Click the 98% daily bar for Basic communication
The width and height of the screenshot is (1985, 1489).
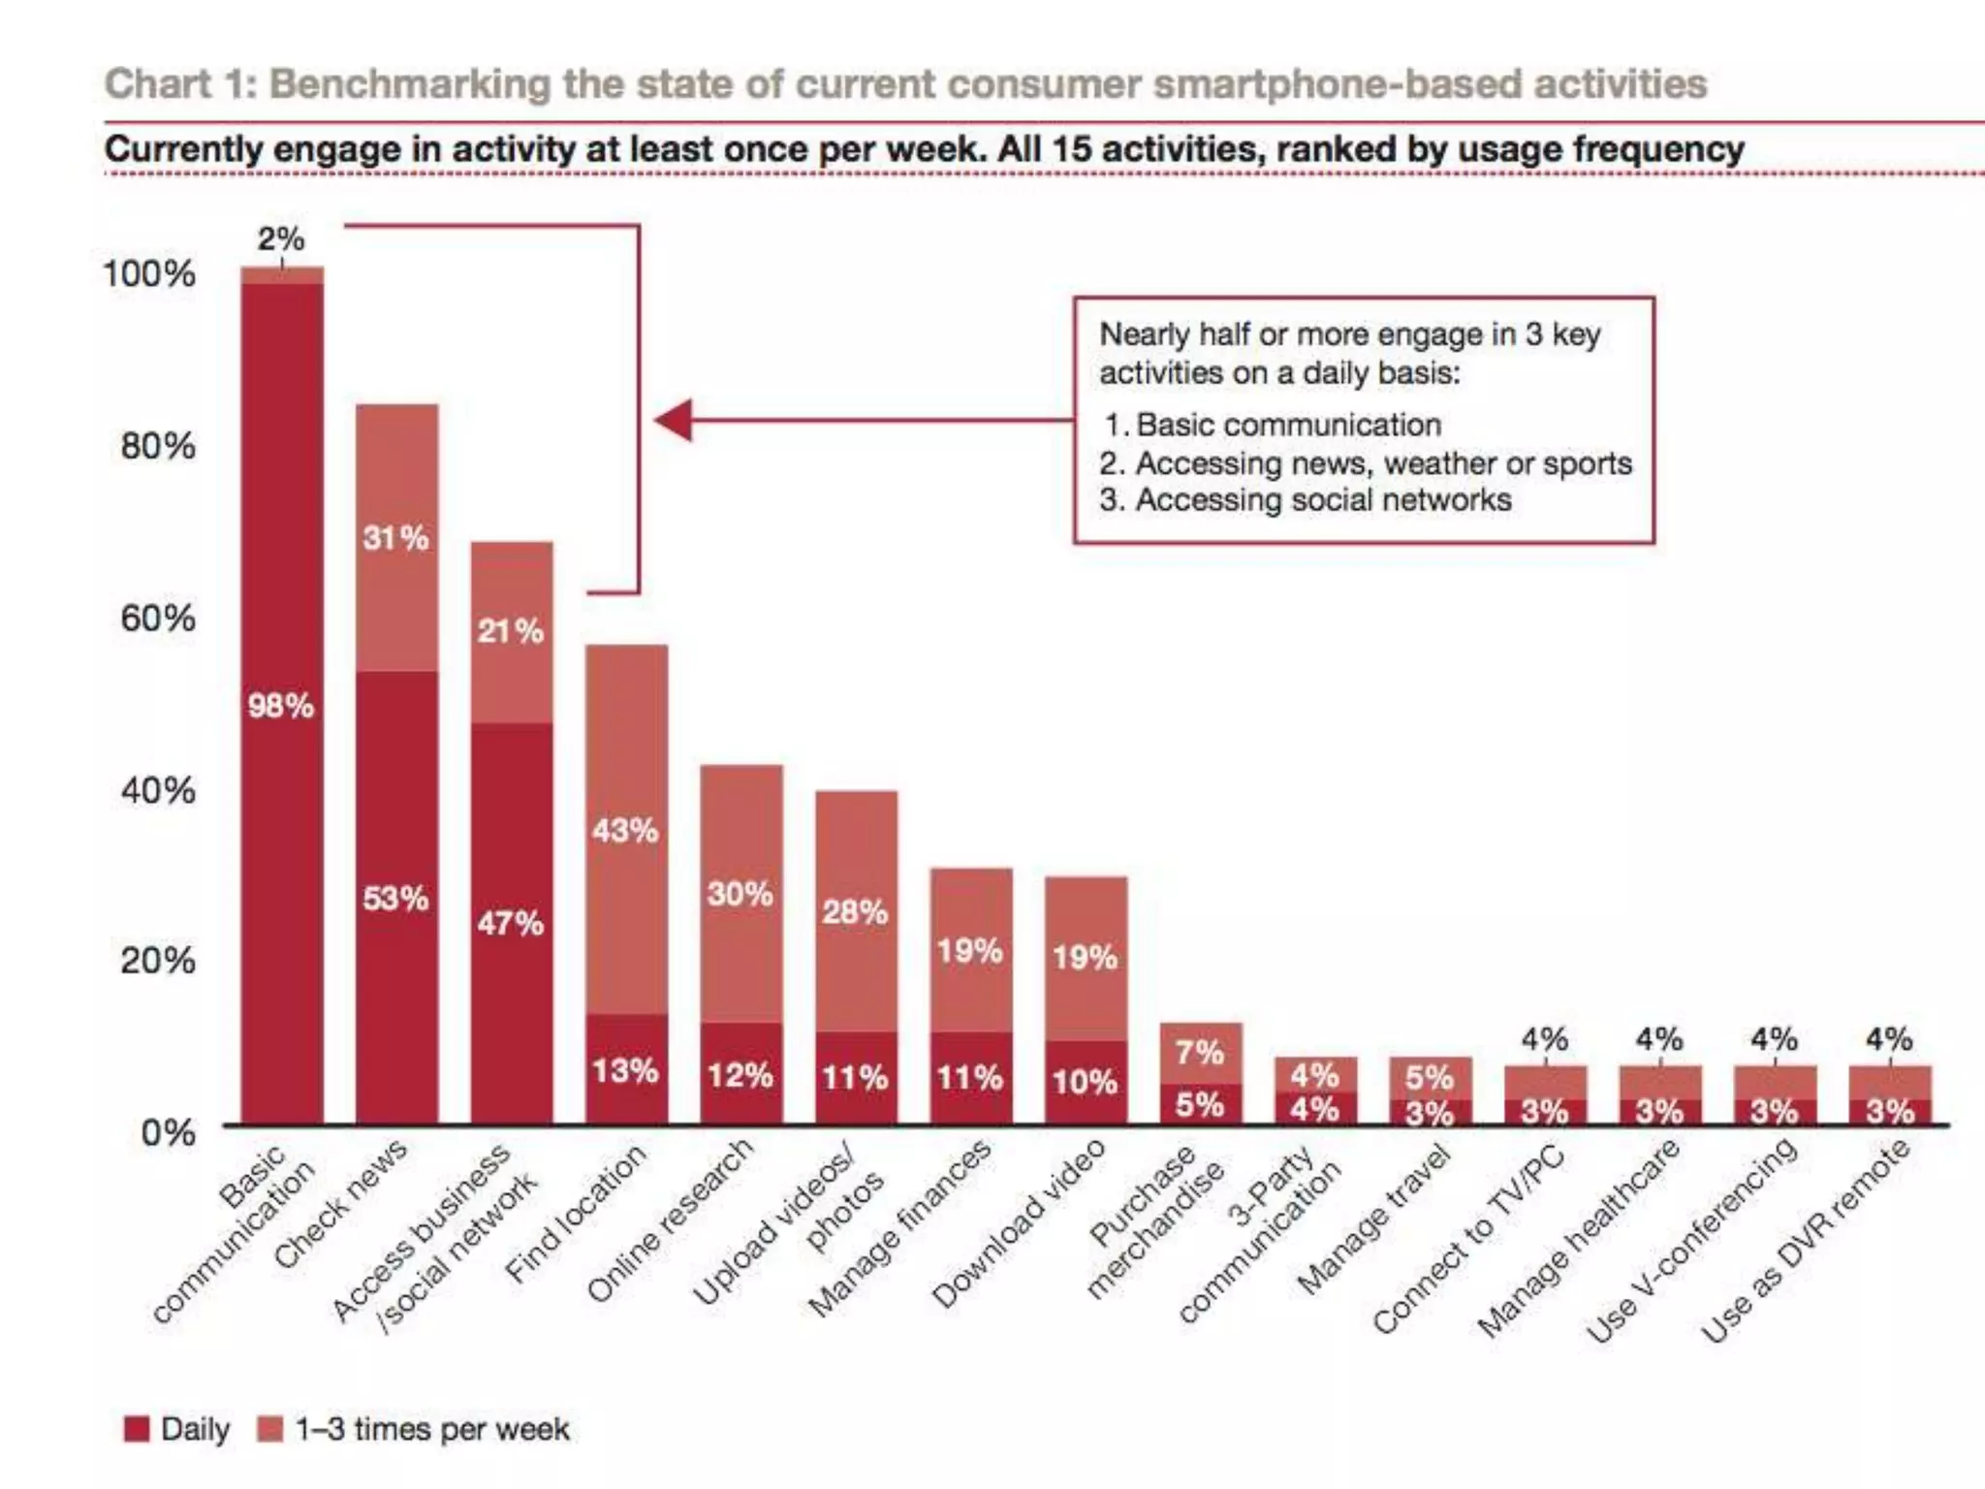pyautogui.click(x=282, y=704)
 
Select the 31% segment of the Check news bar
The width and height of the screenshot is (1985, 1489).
pyautogui.click(x=396, y=537)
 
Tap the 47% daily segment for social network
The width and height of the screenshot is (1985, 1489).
pyautogui.click(x=512, y=922)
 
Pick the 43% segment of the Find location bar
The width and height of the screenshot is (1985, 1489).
pyautogui.click(x=626, y=830)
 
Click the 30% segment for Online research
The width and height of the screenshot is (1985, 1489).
pyautogui.click(x=741, y=893)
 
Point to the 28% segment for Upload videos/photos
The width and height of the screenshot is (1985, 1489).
pyautogui.click(x=856, y=911)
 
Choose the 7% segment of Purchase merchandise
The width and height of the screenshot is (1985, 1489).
pyautogui.click(x=1200, y=1052)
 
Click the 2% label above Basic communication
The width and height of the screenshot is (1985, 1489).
pyautogui.click(x=281, y=238)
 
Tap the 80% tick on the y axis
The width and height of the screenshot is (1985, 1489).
pyautogui.click(x=158, y=447)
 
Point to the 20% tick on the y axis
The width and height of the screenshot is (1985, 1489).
pyautogui.click(x=158, y=961)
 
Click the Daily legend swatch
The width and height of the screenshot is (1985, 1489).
pyautogui.click(x=138, y=1429)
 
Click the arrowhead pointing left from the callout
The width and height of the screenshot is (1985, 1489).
pyautogui.click(x=675, y=420)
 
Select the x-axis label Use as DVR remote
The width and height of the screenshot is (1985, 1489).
pyautogui.click(x=1808, y=1241)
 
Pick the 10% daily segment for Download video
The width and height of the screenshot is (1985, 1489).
pyautogui.click(x=1086, y=1082)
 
